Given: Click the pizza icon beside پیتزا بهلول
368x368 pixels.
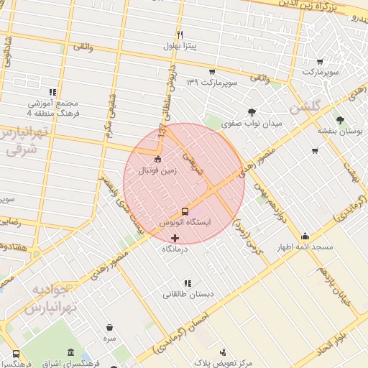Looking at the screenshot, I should (180, 34).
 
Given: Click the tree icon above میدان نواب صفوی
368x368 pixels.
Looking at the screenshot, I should (251, 112).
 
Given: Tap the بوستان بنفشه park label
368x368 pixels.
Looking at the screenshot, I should (340, 132).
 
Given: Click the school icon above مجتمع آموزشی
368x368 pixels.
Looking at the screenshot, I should (52, 92).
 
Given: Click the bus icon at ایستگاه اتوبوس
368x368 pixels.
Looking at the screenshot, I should (185, 211).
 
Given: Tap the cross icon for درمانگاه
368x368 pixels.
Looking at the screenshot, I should (175, 237).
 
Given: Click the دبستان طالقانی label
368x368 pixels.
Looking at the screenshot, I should (188, 293).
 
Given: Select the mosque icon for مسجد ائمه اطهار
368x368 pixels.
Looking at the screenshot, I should (305, 236).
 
